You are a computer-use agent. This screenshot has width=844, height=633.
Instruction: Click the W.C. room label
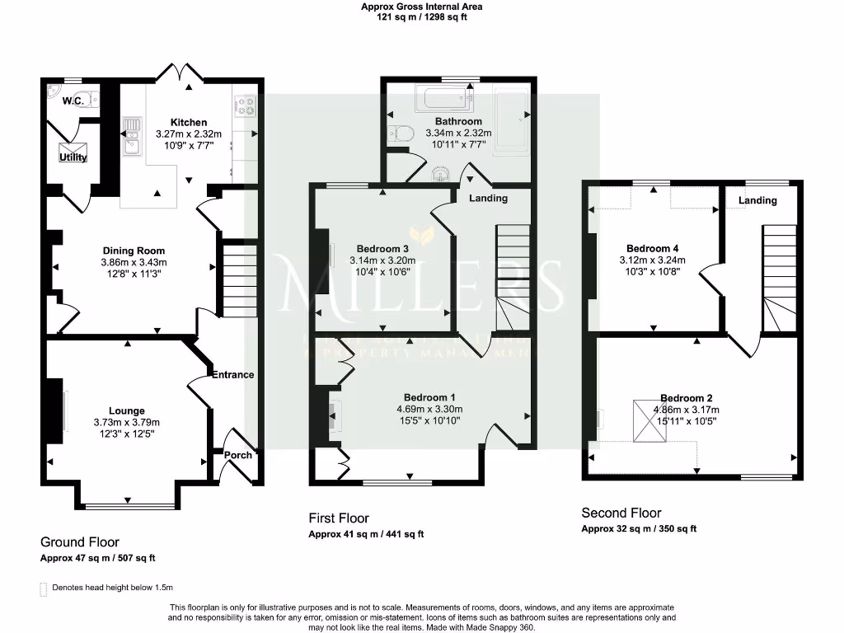75,101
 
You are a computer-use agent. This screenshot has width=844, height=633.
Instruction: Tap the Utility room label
73,157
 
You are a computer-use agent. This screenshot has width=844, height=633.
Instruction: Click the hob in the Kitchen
246,105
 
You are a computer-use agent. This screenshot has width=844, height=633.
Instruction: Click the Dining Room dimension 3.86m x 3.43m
134,263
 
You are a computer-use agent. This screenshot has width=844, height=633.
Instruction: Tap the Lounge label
126,410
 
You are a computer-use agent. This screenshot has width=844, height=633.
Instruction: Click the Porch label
239,455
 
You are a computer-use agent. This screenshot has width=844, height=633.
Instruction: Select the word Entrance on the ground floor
233,374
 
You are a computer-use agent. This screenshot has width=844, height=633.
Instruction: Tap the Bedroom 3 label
382,249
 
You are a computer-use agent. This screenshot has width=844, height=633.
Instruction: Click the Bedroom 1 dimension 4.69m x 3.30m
429,409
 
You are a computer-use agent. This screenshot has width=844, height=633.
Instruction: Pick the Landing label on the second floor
757,200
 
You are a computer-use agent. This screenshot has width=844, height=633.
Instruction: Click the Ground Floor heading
80,542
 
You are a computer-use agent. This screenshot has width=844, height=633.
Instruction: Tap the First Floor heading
339,518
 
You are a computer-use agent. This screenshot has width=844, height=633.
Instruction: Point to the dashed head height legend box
43,589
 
